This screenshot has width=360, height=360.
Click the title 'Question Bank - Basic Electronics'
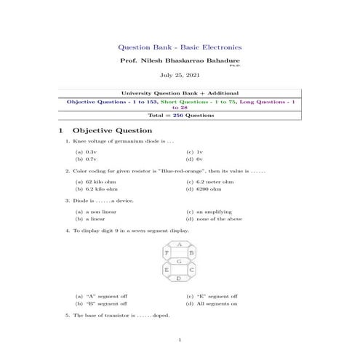pos(179,46)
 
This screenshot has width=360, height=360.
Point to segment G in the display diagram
pos(179,260)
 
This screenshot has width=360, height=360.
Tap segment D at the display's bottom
pos(179,278)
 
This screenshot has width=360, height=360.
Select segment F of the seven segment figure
pos(167,252)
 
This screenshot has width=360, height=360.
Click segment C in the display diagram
pos(191,270)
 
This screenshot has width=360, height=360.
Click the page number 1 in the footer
pos(179,340)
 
